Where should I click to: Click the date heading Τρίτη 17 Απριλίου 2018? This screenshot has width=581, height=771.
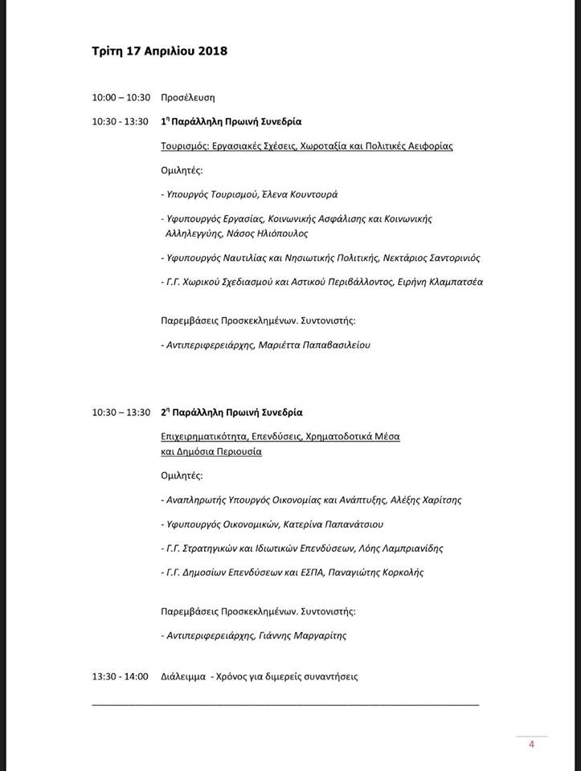click(x=160, y=51)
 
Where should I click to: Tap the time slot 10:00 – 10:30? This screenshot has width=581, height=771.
click(x=121, y=97)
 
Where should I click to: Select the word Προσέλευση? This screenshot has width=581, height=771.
click(x=187, y=97)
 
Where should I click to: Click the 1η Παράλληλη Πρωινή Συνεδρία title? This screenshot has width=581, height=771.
click(x=231, y=122)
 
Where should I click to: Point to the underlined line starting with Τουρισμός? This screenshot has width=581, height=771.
click(x=307, y=146)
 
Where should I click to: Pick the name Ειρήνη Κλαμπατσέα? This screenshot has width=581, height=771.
click(x=441, y=282)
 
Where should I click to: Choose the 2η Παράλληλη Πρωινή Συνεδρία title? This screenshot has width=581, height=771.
click(x=231, y=413)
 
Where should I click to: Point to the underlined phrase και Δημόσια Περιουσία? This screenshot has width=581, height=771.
click(x=211, y=452)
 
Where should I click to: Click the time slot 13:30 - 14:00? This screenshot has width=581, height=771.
click(x=121, y=676)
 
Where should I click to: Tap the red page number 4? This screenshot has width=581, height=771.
click(x=531, y=744)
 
